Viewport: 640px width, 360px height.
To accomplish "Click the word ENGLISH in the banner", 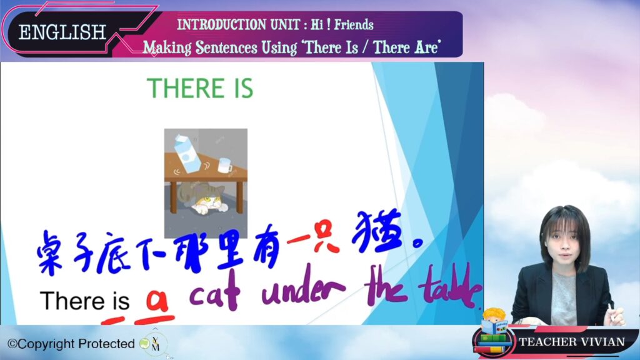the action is pyautogui.click(x=62, y=32).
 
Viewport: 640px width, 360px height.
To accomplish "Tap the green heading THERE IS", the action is pyautogui.click(x=200, y=88).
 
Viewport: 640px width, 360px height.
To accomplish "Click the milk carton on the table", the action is pyautogui.click(x=187, y=153).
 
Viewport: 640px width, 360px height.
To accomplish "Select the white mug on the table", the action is pyautogui.click(x=224, y=165).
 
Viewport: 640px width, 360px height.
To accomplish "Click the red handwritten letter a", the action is pyautogui.click(x=157, y=301).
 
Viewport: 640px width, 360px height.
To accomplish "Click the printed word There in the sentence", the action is pyautogui.click(x=72, y=301).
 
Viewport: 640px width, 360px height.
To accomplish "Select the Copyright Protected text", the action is pyautogui.click(x=71, y=344).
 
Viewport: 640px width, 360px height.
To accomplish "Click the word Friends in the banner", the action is pyautogui.click(x=354, y=24).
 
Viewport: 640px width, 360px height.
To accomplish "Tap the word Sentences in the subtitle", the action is pyautogui.click(x=226, y=47).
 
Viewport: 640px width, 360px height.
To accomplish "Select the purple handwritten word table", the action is pyautogui.click(x=449, y=286).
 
